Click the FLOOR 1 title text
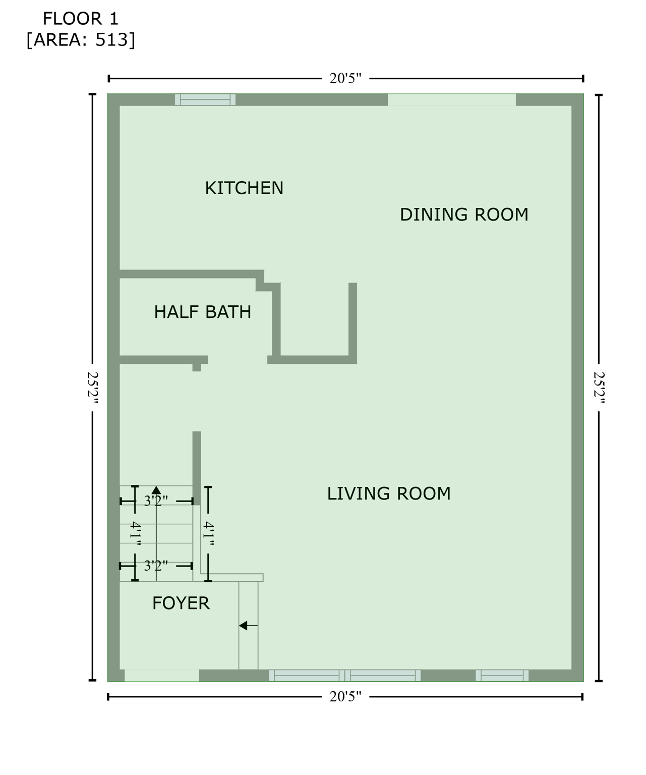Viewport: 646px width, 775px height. coord(80,19)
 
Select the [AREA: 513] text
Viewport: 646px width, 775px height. coord(81,40)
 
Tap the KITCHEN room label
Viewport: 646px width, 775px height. coord(244,188)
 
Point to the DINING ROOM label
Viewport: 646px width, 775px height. coord(464,214)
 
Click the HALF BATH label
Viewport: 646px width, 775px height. coord(202,312)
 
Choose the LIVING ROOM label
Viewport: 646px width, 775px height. coord(389,493)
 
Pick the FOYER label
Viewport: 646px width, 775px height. coord(181,603)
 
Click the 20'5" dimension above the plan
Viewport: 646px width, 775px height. coord(345,78)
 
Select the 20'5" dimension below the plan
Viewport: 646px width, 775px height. coord(345,697)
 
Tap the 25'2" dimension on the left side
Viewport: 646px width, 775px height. coord(92,387)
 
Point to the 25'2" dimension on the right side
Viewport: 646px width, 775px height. coord(599,387)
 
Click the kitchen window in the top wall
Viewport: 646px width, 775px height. coord(205,100)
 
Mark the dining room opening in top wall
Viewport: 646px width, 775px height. coord(451,100)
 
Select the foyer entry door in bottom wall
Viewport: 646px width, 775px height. coord(162,675)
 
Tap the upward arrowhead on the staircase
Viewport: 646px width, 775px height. coord(156,490)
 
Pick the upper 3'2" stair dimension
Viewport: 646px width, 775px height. coord(156,501)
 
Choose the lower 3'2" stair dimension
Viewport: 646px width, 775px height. coord(156,566)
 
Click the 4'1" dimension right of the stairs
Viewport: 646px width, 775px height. coord(208,534)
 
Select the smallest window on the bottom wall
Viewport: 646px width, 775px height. coord(502,675)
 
